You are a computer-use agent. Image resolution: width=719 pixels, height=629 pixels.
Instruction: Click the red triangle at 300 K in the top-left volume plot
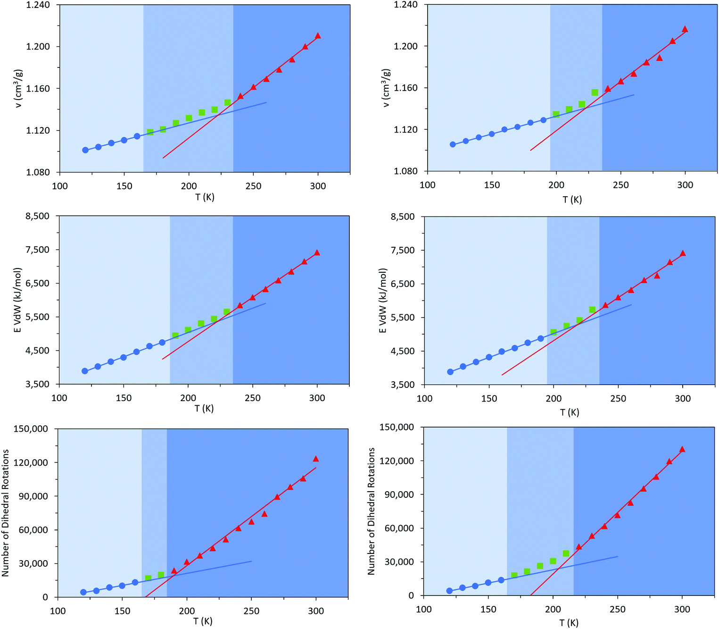pyautogui.click(x=318, y=36)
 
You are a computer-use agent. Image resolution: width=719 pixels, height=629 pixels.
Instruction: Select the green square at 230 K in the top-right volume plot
pyautogui.click(x=595, y=92)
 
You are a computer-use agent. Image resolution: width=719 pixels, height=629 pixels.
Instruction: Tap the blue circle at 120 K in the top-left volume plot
pyautogui.click(x=85, y=150)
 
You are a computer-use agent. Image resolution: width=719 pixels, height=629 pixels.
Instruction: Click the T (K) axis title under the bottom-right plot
pyautogui.click(x=569, y=623)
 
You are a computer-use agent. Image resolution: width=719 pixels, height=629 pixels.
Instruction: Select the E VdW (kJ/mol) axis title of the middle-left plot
pyautogui.click(x=17, y=300)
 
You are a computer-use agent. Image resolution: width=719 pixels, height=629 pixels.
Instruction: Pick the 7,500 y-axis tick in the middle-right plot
pyautogui.click(x=403, y=250)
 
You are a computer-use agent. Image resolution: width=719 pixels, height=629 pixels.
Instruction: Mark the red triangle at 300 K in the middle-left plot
pyautogui.click(x=317, y=253)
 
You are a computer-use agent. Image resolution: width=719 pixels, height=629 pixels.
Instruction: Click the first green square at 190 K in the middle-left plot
pyautogui.click(x=175, y=335)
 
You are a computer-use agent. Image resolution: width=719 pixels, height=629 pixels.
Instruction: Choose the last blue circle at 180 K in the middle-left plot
pyautogui.click(x=162, y=343)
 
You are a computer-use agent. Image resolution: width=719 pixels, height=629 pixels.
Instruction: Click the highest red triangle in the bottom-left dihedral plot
pyautogui.click(x=316, y=459)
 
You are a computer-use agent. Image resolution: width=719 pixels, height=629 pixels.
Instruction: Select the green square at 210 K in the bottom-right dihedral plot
pyautogui.click(x=566, y=554)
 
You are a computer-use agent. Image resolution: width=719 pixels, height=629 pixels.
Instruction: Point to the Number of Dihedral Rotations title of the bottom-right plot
pyautogui.click(x=371, y=511)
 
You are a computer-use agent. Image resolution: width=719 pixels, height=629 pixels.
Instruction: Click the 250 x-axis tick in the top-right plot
pyautogui.click(x=620, y=185)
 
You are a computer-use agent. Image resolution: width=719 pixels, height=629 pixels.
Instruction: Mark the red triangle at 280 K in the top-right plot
pyautogui.click(x=659, y=58)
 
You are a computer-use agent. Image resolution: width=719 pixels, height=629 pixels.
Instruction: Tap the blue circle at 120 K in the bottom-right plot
pyautogui.click(x=449, y=591)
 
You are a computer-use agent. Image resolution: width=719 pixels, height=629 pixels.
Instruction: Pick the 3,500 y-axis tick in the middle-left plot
pyautogui.click(x=37, y=385)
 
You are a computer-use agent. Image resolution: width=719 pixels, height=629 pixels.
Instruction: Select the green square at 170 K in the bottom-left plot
pyautogui.click(x=148, y=578)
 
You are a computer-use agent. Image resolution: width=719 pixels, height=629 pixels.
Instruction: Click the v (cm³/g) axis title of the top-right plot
pyautogui.click(x=386, y=88)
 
